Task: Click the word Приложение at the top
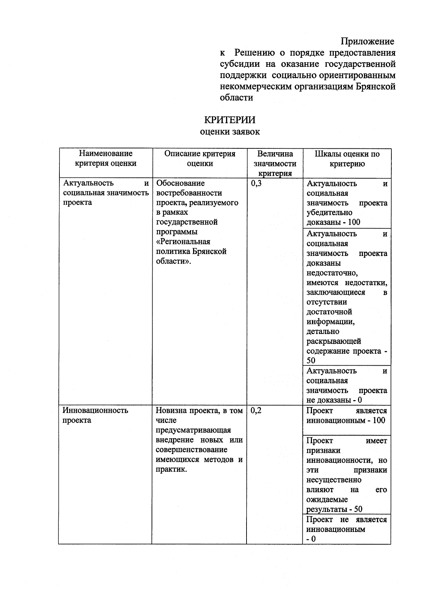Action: pos(367,41)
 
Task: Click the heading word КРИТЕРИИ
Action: pos(230,120)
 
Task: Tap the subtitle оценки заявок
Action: pos(230,132)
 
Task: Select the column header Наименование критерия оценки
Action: pos(105,159)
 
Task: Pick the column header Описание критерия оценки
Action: pos(200,159)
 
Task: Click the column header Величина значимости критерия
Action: pos(275,163)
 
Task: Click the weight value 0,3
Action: pos(256,184)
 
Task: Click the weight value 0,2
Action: pos(256,411)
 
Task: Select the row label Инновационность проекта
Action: pos(95,415)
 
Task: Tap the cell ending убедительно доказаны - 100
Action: pos(347,203)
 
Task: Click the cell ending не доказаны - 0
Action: pos(347,385)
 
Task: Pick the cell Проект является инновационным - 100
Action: pos(347,416)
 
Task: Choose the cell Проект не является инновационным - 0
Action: pos(347,529)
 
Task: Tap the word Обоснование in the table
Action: pos(180,184)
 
